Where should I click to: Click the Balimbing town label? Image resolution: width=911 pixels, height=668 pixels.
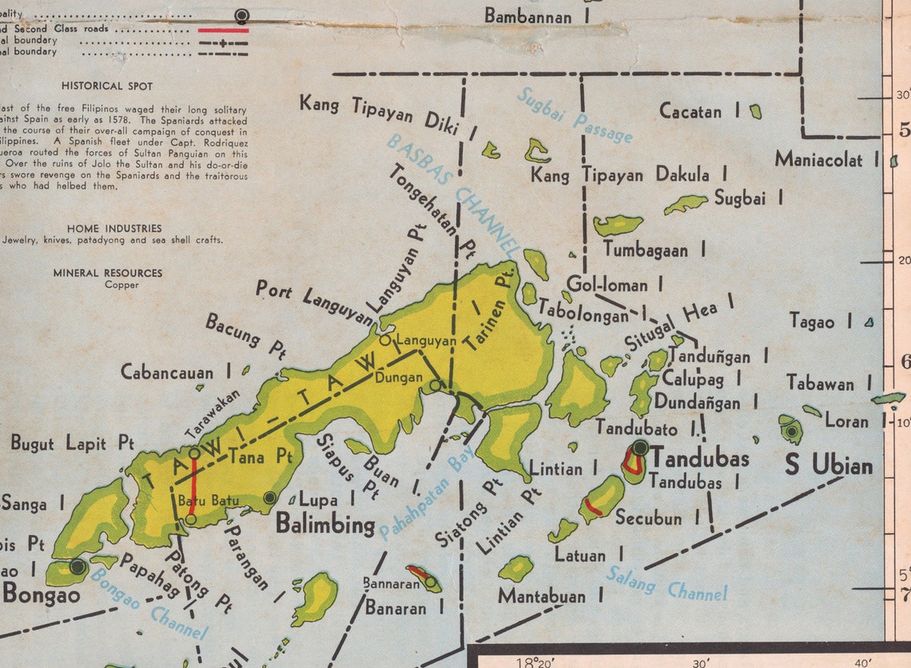pos(325,525)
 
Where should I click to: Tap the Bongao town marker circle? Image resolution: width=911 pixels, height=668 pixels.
pos(78,567)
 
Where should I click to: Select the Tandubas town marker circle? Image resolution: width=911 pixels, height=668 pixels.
pos(640,448)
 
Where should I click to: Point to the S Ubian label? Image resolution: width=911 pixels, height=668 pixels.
pos(828,463)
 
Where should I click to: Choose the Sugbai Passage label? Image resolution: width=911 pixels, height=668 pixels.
pos(575,115)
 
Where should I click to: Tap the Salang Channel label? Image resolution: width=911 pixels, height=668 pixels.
pos(666,583)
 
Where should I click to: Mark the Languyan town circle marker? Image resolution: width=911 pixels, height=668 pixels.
pos(385,340)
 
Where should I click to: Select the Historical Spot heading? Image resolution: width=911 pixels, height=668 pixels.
pos(107,85)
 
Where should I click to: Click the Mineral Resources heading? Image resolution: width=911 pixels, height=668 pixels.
pos(108,272)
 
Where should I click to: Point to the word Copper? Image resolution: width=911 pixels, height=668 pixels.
pos(121,284)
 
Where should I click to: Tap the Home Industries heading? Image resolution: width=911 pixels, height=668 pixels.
pos(114,228)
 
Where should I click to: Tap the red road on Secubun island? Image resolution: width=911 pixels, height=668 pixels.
pos(593,506)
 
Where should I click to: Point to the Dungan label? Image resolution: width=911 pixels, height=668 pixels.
pos(398,377)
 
